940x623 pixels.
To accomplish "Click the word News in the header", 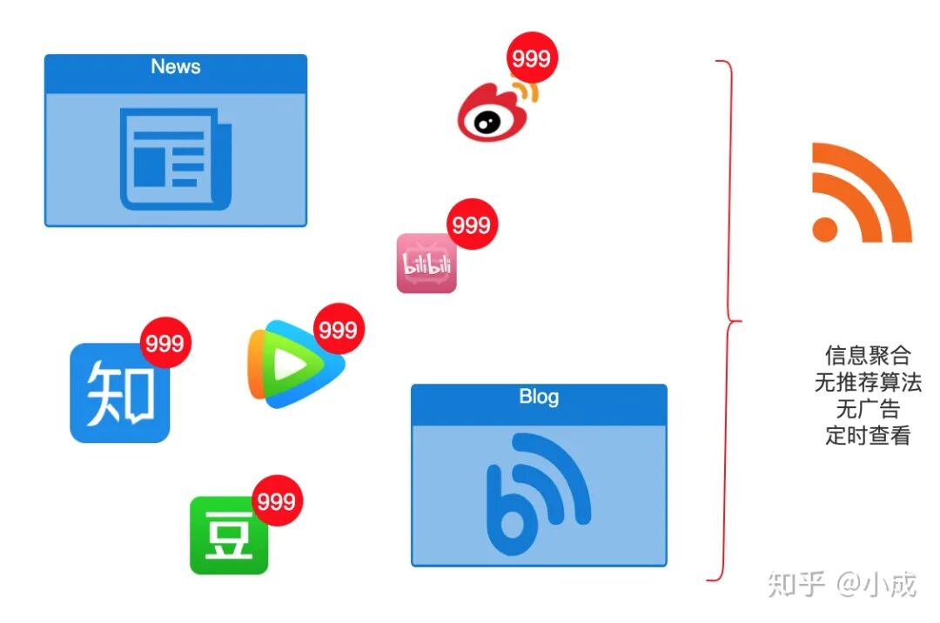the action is pyautogui.click(x=175, y=67).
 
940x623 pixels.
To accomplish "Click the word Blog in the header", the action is pyautogui.click(x=539, y=397).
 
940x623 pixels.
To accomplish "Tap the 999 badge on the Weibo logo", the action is pyautogui.click(x=531, y=59).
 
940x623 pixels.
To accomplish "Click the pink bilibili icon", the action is pyautogui.click(x=426, y=264).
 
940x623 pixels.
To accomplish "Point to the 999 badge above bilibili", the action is pyautogui.click(x=472, y=225).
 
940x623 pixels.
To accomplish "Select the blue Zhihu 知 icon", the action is pyautogui.click(x=119, y=393).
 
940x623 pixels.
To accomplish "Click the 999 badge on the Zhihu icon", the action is pyautogui.click(x=164, y=343).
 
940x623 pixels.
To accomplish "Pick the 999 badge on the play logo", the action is pyautogui.click(x=338, y=329).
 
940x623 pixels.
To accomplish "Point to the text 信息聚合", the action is pyautogui.click(x=867, y=355).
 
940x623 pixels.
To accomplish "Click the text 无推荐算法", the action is pyautogui.click(x=867, y=382).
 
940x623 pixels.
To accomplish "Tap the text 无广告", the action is pyautogui.click(x=867, y=409).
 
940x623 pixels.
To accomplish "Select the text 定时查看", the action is pyautogui.click(x=867, y=436).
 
